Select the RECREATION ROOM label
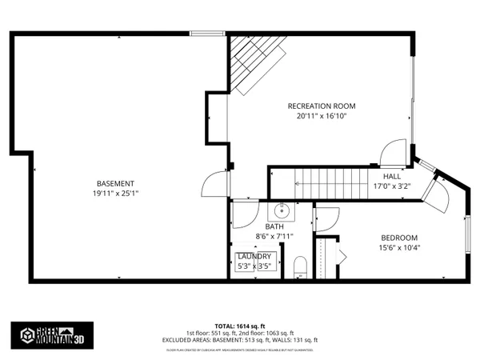(322, 106)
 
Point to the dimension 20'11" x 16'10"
(322, 116)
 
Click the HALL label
(391, 176)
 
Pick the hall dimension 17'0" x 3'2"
(391, 186)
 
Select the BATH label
(263, 226)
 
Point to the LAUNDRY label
(254, 256)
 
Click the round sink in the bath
(282, 211)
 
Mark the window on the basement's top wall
(207, 34)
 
